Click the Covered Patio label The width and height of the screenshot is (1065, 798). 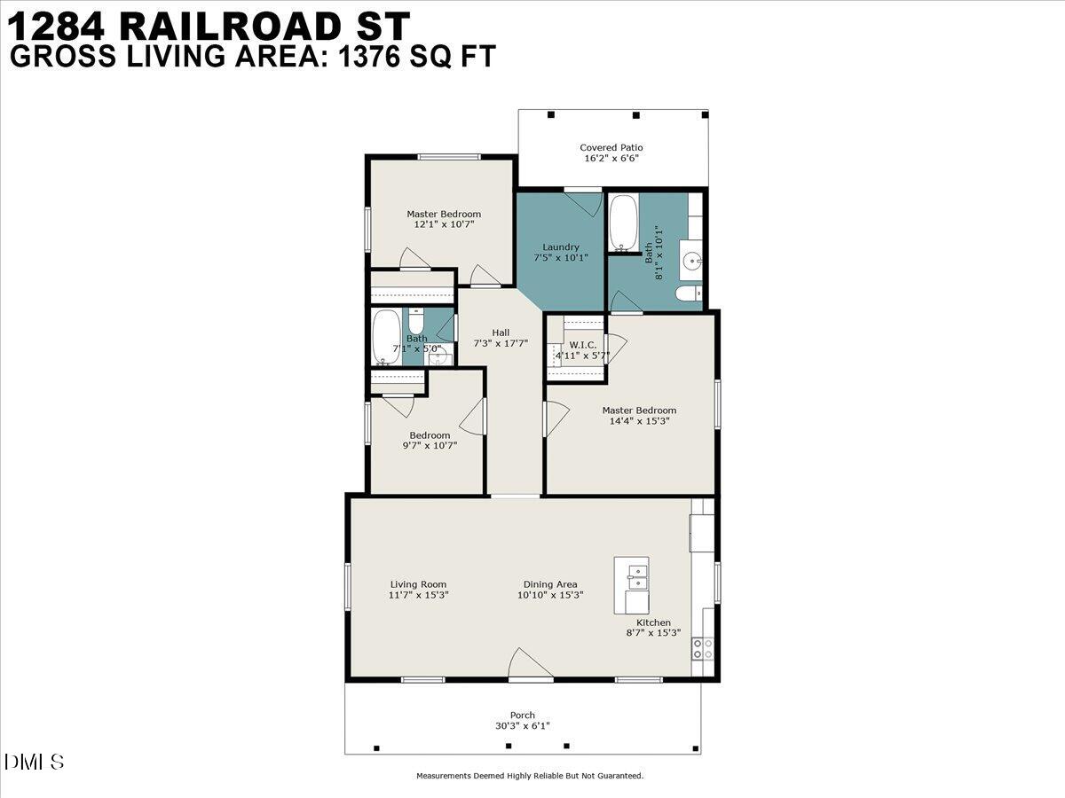pyautogui.click(x=611, y=147)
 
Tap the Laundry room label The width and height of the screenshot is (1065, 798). pyautogui.click(x=561, y=246)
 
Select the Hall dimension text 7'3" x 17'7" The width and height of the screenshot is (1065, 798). pyautogui.click(x=501, y=343)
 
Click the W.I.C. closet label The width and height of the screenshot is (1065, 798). pyautogui.click(x=582, y=344)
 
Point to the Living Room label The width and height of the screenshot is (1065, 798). pyautogui.click(x=418, y=584)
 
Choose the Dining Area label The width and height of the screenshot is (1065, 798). pyautogui.click(x=550, y=584)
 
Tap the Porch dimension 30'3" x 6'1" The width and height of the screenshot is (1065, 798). pyautogui.click(x=523, y=726)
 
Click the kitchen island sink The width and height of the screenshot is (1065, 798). pyautogui.click(x=636, y=576)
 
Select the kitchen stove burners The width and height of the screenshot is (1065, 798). pyautogui.click(x=702, y=648)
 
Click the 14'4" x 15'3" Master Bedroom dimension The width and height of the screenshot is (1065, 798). pyautogui.click(x=639, y=421)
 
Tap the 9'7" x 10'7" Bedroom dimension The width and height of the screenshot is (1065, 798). pyautogui.click(x=430, y=446)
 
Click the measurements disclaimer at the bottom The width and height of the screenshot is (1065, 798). pyautogui.click(x=530, y=776)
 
